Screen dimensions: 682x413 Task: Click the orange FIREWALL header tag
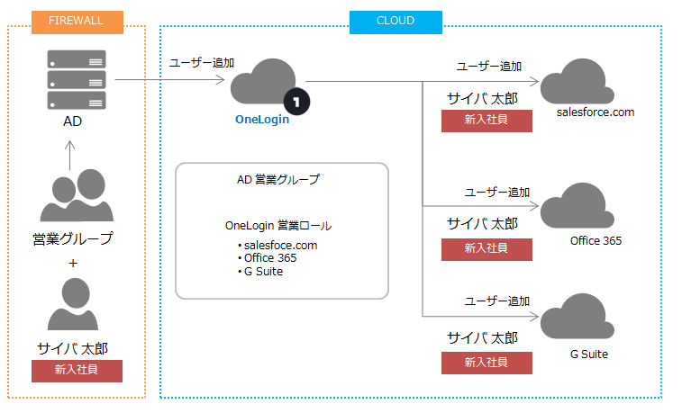click(x=77, y=22)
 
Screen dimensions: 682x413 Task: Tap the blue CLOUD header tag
click(x=396, y=22)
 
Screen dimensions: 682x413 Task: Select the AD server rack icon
click(x=77, y=79)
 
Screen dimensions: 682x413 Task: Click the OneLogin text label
click(x=262, y=120)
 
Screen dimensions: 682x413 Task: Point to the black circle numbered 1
click(x=296, y=102)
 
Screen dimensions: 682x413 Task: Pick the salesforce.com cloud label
click(x=596, y=112)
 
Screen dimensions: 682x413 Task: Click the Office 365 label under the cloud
click(x=596, y=240)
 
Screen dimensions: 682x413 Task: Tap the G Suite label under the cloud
click(x=589, y=354)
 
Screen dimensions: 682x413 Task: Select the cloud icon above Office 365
click(x=577, y=206)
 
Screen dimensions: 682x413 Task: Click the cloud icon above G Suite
click(x=577, y=316)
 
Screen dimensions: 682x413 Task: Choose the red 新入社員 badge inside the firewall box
click(x=77, y=371)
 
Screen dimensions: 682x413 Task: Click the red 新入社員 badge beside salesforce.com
click(x=486, y=121)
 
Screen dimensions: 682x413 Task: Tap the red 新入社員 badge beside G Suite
click(x=486, y=363)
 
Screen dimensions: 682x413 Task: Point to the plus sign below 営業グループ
click(x=73, y=263)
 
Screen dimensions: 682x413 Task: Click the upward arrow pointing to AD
click(x=69, y=155)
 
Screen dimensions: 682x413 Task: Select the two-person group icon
click(x=77, y=195)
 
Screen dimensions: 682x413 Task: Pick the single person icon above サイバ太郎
click(x=73, y=304)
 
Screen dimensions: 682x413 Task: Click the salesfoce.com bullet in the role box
click(x=277, y=246)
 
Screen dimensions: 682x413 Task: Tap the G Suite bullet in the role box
click(x=260, y=272)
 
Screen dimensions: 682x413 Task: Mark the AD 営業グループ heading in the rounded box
click(x=278, y=179)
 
